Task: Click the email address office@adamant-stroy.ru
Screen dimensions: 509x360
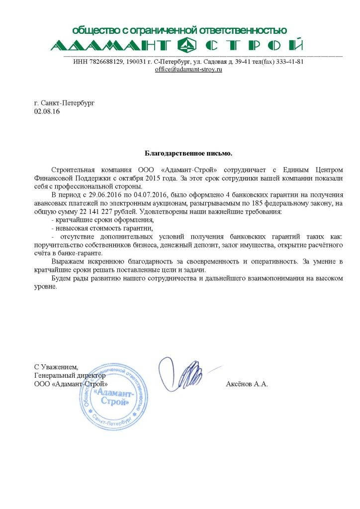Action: tap(188, 70)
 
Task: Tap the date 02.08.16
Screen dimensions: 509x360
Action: tap(46, 112)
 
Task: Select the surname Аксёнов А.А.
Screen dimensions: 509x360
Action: tap(247, 384)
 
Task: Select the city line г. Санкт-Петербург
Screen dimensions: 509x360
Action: tap(64, 103)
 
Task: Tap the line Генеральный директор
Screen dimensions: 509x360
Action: tap(70, 376)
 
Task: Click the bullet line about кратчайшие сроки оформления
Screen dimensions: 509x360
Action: tap(103, 220)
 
